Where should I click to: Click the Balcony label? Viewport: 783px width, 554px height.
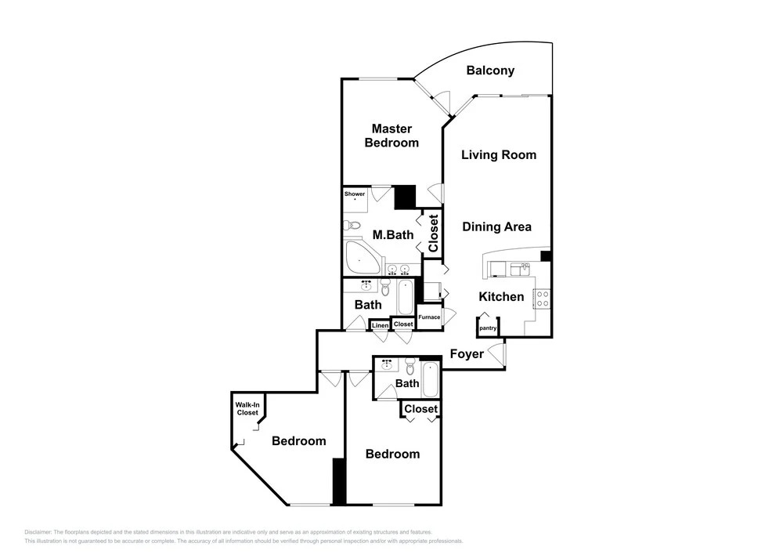coord(490,71)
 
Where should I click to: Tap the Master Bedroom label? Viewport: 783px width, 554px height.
coord(391,136)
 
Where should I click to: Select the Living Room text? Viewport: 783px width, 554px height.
coord(498,155)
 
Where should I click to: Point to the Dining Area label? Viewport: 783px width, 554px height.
coord(496,226)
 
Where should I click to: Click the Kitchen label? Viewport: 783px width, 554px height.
coord(501,297)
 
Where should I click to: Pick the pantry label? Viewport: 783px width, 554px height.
coord(488,328)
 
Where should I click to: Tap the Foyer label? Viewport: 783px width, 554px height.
coord(467,354)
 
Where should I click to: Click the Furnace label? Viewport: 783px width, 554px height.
coord(429,317)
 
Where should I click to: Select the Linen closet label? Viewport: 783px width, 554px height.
coord(381,326)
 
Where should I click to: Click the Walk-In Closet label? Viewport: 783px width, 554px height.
coord(247,408)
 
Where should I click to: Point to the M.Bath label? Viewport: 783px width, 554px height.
coord(393,235)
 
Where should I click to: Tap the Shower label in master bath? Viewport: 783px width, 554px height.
coord(355,194)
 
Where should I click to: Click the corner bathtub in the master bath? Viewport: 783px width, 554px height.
coord(362,257)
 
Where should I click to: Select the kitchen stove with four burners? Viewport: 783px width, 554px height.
coord(543,299)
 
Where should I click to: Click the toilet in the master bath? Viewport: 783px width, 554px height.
coord(351,226)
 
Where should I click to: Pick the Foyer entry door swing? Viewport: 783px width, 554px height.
coord(496,353)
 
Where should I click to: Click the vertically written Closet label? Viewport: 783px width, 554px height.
coord(433,234)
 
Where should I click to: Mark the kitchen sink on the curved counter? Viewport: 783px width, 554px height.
coord(521,270)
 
